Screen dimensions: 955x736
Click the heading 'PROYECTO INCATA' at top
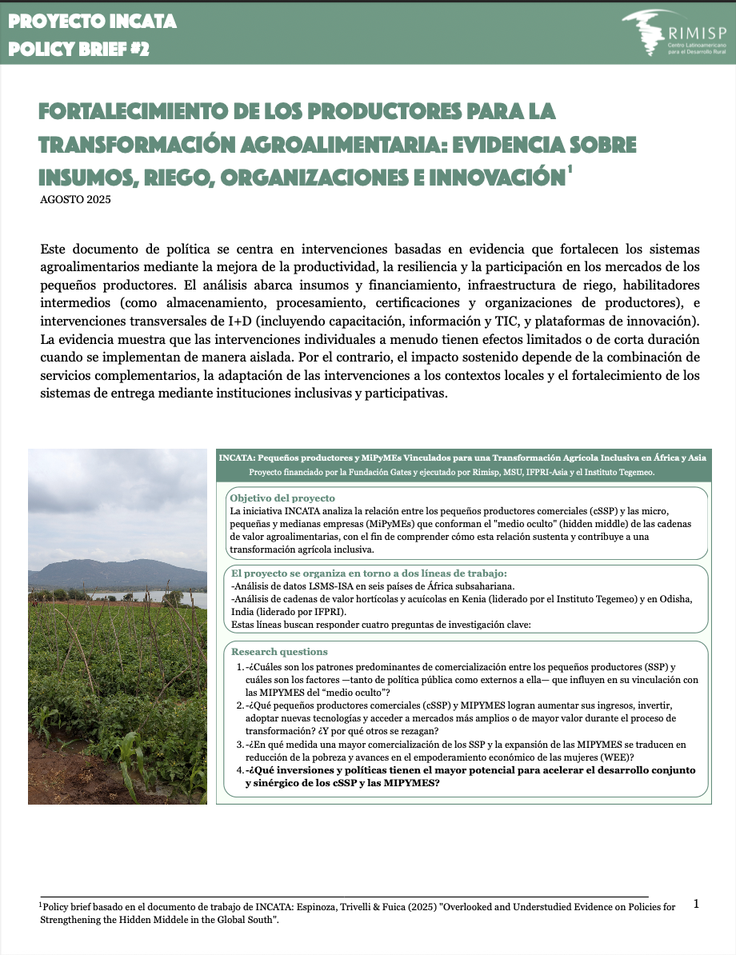point(92,22)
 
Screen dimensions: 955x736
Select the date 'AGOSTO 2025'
point(75,199)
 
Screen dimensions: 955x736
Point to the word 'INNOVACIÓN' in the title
point(478,175)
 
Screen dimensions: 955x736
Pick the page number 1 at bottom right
point(696,904)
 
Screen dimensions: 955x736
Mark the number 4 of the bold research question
point(240,770)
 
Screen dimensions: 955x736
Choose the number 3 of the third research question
point(240,745)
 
